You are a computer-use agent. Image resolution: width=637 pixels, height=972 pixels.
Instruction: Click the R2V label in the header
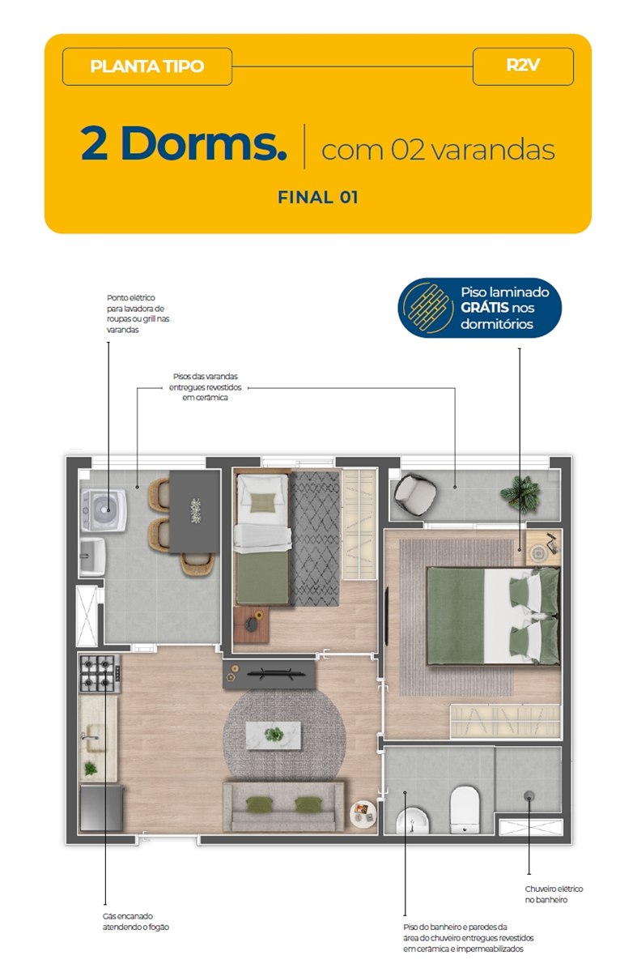523,66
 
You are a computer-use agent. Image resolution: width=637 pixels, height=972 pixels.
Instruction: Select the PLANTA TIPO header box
147,66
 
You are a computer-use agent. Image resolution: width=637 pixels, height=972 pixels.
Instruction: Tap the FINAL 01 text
318,198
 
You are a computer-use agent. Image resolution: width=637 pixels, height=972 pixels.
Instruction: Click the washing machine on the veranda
104,509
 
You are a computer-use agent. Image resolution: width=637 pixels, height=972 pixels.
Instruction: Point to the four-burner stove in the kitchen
100,673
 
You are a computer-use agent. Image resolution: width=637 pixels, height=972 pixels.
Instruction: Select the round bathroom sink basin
412,820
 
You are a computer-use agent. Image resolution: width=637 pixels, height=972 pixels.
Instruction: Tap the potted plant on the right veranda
520,494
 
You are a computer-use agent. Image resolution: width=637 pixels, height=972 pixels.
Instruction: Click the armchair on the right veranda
415,493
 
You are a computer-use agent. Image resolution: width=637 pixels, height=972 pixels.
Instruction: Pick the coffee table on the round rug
274,735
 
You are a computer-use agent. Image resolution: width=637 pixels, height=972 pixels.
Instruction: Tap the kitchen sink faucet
89,737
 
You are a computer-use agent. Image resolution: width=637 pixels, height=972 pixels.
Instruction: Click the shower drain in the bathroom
529,795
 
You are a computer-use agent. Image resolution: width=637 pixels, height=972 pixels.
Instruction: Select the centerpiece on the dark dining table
196,511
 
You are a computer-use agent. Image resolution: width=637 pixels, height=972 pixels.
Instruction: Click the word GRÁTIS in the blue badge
484,308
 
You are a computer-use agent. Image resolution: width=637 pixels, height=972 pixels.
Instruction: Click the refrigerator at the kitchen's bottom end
101,808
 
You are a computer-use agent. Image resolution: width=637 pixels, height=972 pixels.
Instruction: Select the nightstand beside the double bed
544,548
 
